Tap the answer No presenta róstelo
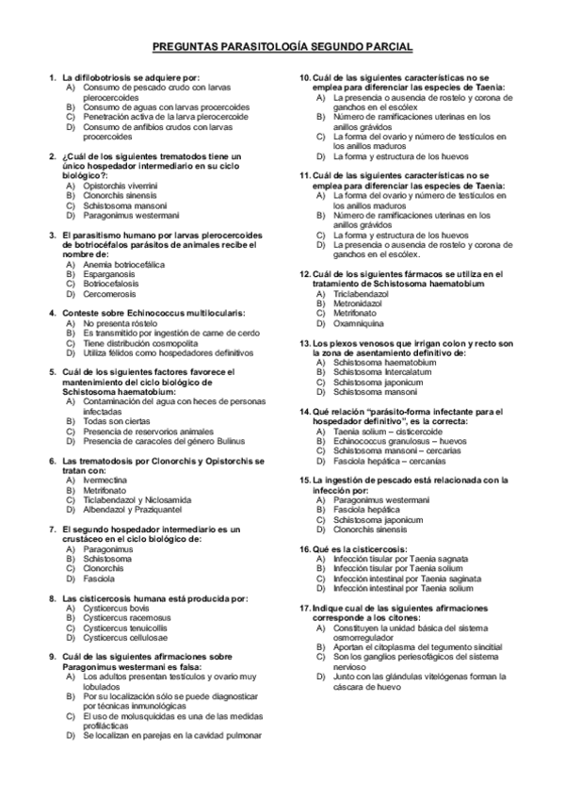point(120,323)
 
